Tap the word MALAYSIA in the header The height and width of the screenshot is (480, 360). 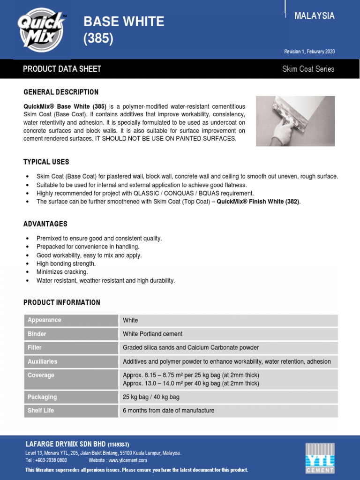[314, 16]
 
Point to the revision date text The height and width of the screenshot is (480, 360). [309, 52]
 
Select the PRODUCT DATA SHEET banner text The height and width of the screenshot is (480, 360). [62, 69]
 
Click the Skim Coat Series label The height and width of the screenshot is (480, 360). [308, 69]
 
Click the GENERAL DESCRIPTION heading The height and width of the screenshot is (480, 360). [61, 92]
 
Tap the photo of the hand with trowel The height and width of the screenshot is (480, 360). [295, 121]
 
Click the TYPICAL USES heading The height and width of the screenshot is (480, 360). [46, 162]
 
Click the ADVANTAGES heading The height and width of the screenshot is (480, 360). [45, 224]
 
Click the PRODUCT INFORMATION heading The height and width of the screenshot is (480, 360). [61, 302]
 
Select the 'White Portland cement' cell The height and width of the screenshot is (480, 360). [152, 334]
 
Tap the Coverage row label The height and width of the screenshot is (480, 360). [41, 375]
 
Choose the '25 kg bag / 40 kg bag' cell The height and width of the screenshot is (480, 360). [151, 397]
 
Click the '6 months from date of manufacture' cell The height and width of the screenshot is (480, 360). [168, 411]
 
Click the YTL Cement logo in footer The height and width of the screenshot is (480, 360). [320, 457]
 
